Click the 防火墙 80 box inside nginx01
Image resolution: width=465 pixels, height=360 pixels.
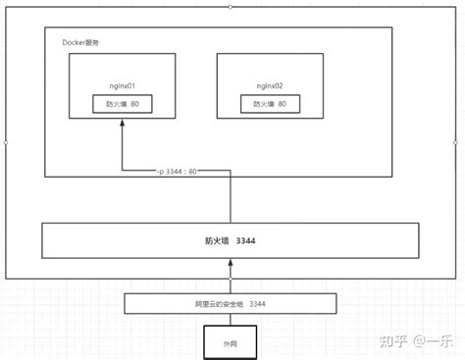point(123,104)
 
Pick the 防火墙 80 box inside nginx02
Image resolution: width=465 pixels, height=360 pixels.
point(270,104)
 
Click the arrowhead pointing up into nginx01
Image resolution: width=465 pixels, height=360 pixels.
point(123,123)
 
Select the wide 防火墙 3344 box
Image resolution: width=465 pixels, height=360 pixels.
point(231,240)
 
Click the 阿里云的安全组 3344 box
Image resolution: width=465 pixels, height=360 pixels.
point(232,304)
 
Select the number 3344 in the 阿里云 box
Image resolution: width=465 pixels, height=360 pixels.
point(253,304)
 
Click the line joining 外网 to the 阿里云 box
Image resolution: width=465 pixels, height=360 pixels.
point(232,320)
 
